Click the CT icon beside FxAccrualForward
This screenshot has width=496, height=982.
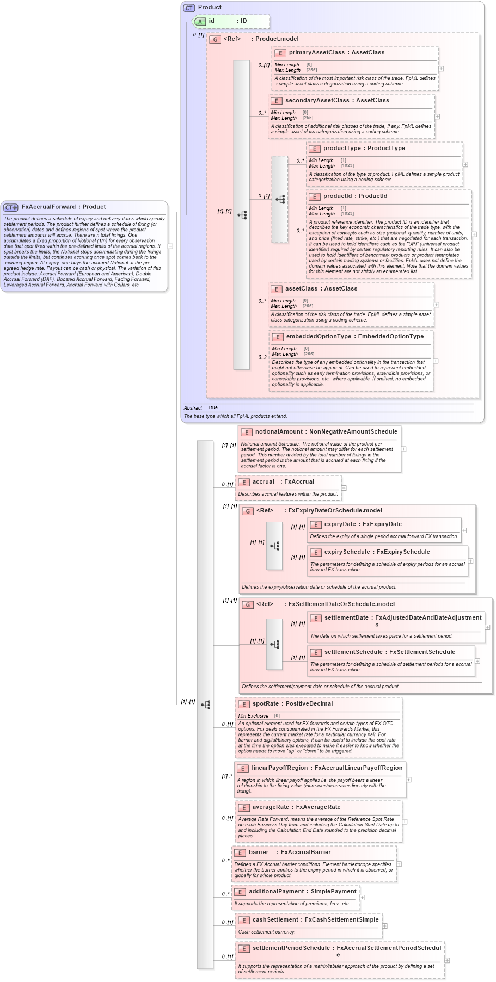click(x=10, y=207)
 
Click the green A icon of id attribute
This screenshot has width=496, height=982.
click(x=200, y=21)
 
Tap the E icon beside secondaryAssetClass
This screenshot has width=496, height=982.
click(x=276, y=101)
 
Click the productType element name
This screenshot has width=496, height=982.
click(x=341, y=149)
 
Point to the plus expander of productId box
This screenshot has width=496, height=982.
click(x=474, y=234)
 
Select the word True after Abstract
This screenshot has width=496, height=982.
click(x=212, y=407)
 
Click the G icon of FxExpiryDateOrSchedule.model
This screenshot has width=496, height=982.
click(x=248, y=511)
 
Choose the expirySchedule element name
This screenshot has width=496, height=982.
click(x=347, y=552)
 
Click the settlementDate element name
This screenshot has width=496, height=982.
click(x=346, y=618)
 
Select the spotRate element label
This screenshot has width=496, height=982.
click(x=265, y=704)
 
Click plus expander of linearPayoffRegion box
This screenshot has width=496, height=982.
click(x=409, y=780)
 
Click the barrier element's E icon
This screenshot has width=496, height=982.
click(x=240, y=853)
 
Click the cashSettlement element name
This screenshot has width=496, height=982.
click(x=275, y=920)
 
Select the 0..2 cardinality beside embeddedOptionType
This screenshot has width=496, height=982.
click(x=262, y=357)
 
